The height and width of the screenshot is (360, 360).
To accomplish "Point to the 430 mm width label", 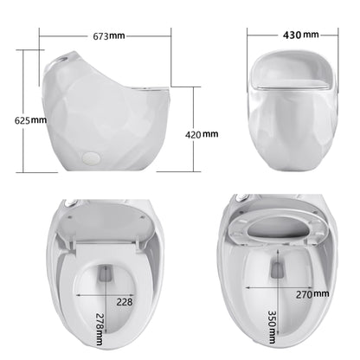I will click(x=299, y=35).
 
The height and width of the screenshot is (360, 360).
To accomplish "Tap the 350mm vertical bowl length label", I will click(x=273, y=326).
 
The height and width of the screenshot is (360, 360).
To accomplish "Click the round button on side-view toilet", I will click(x=89, y=157).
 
